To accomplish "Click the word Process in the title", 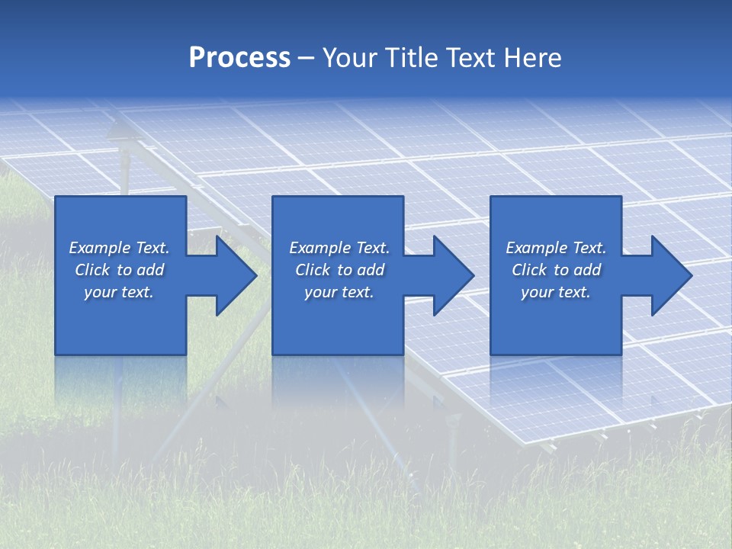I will (x=239, y=58).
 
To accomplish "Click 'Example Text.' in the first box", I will (x=119, y=248).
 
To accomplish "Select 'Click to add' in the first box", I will (x=119, y=270).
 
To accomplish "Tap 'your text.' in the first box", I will (x=119, y=292).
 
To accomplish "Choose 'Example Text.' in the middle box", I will (x=339, y=248).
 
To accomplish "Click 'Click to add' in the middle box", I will (x=339, y=270).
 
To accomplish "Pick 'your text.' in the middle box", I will (x=339, y=292).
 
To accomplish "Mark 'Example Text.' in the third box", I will (x=556, y=248).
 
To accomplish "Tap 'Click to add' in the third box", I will (x=556, y=270).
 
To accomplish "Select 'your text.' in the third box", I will (x=556, y=292).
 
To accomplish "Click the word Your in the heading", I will (x=348, y=58).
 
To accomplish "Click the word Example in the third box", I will (x=537, y=248).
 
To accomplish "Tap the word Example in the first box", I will (x=100, y=248).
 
